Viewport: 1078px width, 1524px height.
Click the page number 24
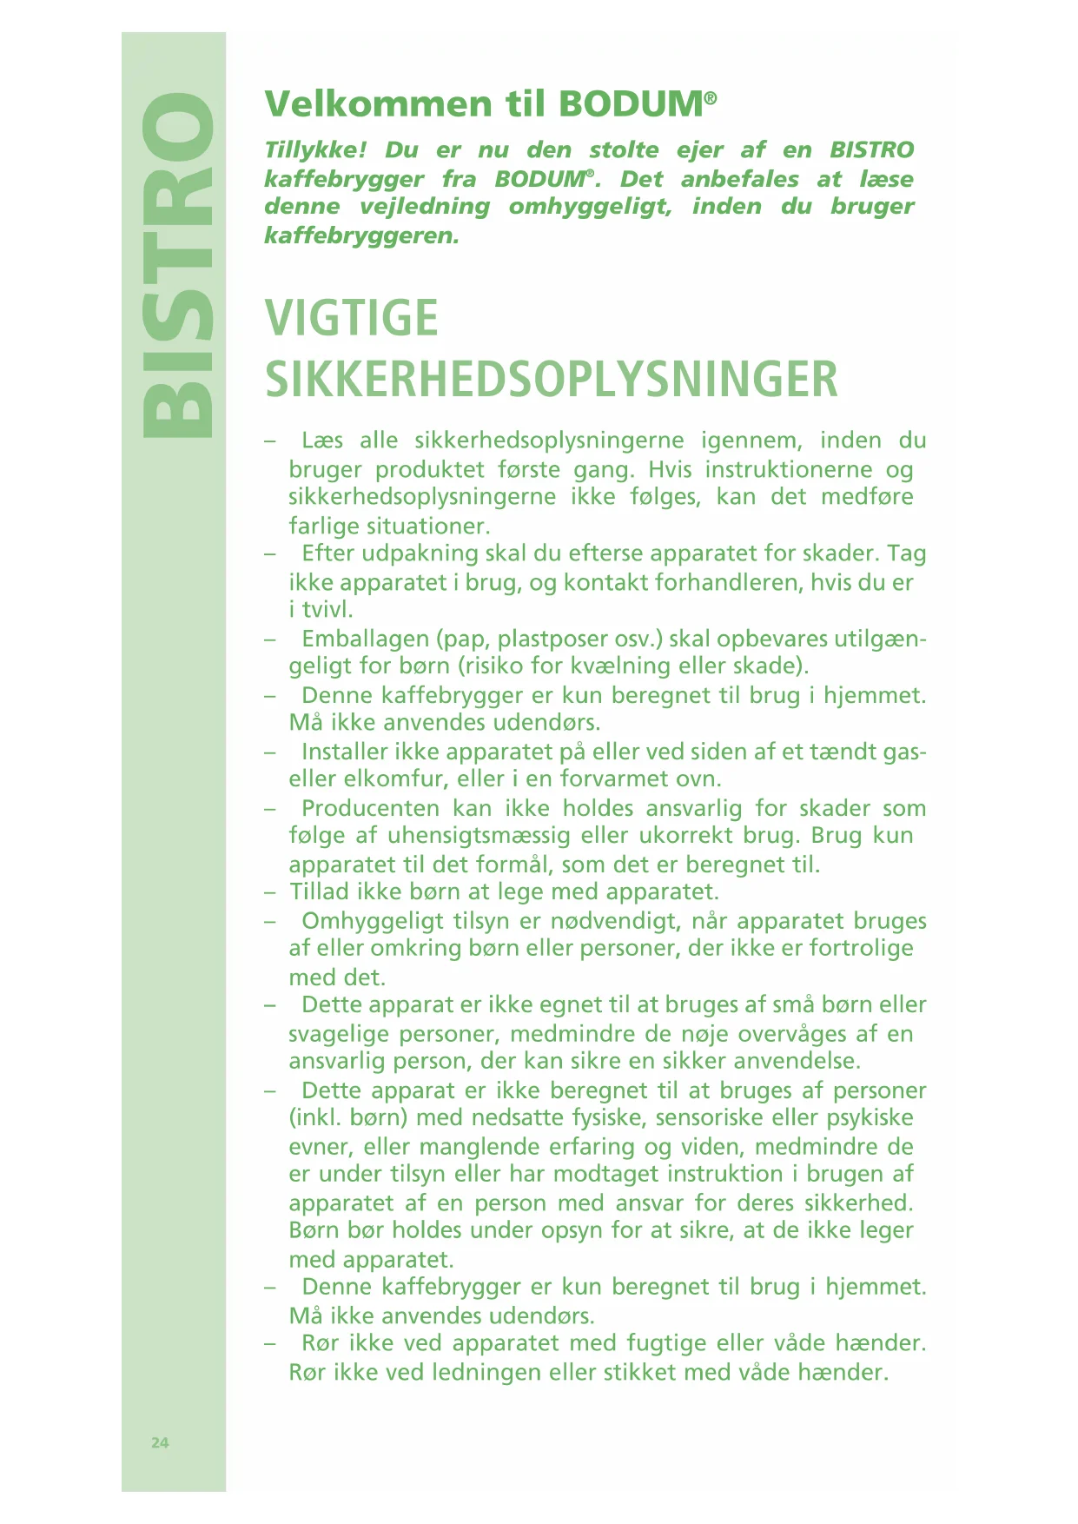click(x=160, y=1442)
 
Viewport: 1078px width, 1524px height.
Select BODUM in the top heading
click(x=632, y=104)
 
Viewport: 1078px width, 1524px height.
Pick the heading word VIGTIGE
click(x=352, y=318)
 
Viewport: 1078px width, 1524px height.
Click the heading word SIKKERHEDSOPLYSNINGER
click(x=552, y=380)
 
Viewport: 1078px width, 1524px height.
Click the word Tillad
click(x=320, y=892)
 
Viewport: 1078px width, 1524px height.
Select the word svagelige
click(x=338, y=1034)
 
